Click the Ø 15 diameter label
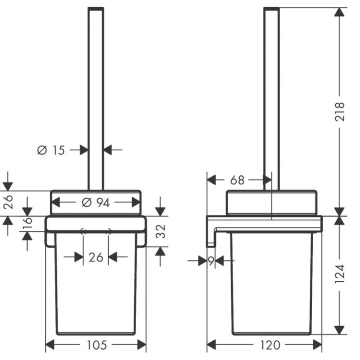51,150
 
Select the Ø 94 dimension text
96,203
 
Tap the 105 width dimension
97,345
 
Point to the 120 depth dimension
270,345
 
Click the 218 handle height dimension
340,112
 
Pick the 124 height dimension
340,274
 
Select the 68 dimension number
237,180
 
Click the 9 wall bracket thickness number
211,261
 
